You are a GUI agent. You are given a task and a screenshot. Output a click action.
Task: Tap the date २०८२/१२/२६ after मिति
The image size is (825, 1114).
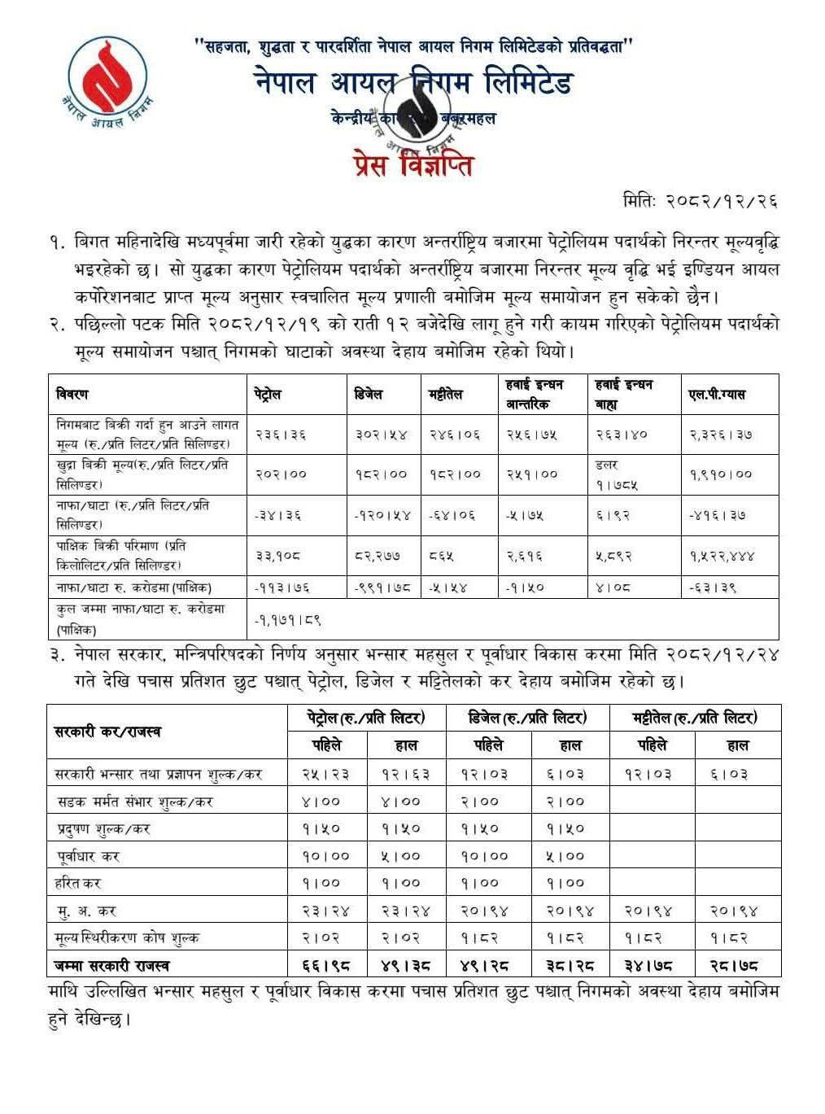click(x=719, y=201)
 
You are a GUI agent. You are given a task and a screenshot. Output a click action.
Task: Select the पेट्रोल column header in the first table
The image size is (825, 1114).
click(x=268, y=395)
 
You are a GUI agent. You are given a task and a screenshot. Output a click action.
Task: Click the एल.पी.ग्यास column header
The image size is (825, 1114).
click(x=716, y=395)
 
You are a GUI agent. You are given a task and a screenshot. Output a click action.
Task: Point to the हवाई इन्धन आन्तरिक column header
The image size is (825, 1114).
click(x=535, y=394)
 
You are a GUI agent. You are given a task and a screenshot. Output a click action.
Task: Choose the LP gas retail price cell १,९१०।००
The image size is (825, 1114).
click(x=720, y=474)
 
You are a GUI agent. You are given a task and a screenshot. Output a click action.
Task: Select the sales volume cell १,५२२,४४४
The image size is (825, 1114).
click(x=720, y=556)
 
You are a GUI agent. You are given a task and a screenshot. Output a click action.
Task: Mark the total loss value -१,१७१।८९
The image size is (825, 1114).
click(x=288, y=619)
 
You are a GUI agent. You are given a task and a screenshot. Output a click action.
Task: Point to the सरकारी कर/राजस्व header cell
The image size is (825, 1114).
click(x=107, y=732)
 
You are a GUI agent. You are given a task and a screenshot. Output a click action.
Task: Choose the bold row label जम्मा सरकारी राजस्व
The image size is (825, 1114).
click(x=111, y=965)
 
